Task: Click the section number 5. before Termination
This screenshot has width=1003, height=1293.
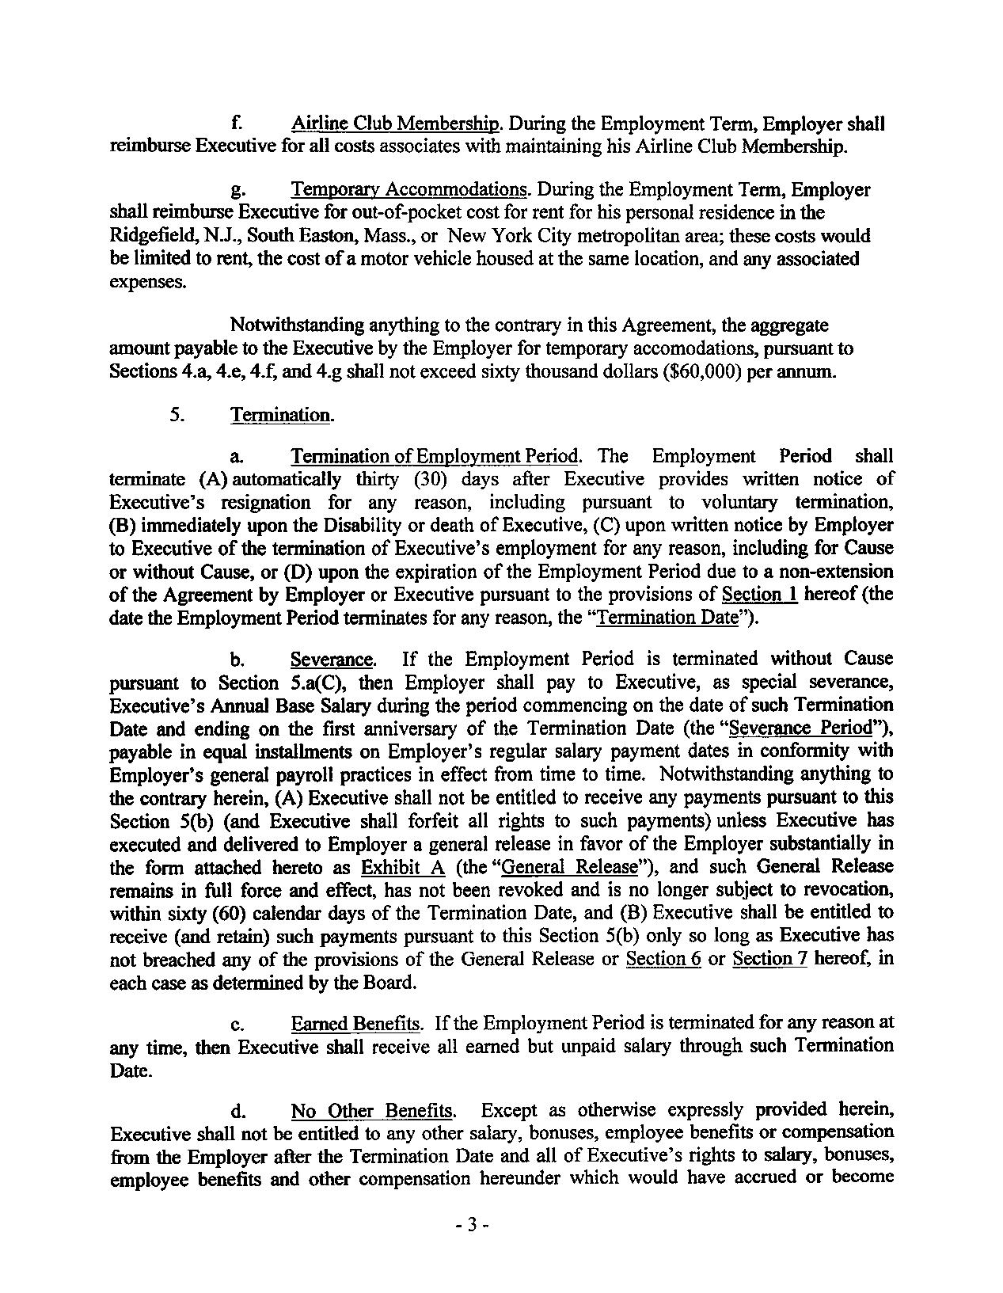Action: pyautogui.click(x=177, y=414)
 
